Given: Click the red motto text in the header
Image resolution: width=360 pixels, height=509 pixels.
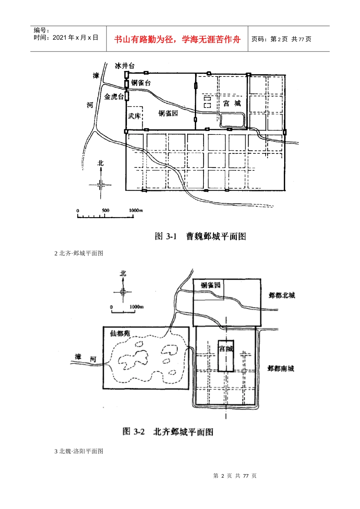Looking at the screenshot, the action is click(x=177, y=39).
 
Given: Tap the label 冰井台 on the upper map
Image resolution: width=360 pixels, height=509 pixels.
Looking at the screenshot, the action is click(x=125, y=66).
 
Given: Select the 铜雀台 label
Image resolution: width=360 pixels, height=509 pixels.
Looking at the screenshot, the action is click(x=141, y=83).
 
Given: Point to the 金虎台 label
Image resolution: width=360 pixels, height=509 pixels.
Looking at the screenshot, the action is click(x=114, y=97).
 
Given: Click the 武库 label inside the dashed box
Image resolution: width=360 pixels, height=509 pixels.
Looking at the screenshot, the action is click(x=135, y=116).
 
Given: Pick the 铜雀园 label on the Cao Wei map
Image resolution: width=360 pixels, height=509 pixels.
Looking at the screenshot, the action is click(x=168, y=113).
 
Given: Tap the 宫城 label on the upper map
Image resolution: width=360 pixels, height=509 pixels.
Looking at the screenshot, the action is click(x=232, y=103).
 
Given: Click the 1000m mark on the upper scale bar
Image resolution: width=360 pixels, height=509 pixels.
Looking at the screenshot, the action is click(x=136, y=211).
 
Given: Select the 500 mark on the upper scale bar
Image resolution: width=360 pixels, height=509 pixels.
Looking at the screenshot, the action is click(x=105, y=211).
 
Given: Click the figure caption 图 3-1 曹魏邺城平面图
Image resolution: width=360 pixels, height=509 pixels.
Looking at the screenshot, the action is click(x=200, y=236).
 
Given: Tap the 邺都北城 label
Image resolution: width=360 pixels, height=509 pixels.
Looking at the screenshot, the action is click(x=282, y=295).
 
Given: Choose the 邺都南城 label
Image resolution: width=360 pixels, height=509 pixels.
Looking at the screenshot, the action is click(x=281, y=368).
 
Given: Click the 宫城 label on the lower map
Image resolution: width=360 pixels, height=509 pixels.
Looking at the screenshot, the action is click(x=226, y=349).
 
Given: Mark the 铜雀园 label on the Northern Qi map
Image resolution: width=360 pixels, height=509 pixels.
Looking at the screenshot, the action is click(x=211, y=285).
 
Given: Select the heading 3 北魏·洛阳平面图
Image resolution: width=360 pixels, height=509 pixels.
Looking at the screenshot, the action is click(x=79, y=451).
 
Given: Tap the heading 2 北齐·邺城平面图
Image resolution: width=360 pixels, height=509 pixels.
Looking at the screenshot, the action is click(x=79, y=253).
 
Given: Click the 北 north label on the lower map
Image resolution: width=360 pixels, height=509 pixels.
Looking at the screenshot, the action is click(x=123, y=273).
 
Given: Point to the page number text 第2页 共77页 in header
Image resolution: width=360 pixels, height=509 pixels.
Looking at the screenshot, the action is click(x=281, y=39).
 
